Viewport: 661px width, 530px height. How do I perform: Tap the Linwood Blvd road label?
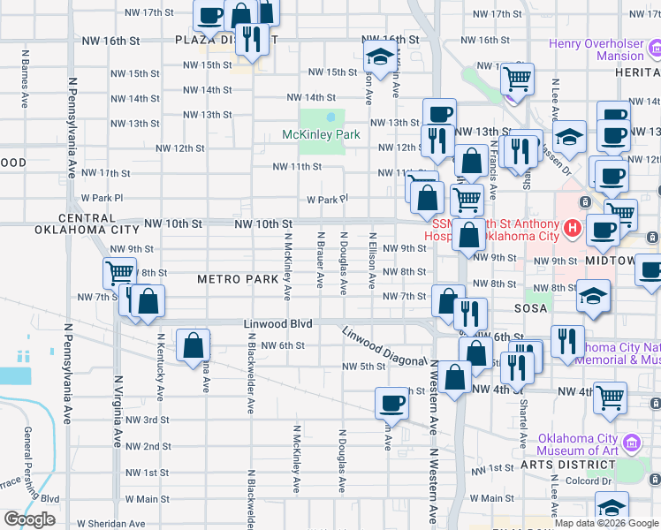pyautogui.click(x=279, y=325)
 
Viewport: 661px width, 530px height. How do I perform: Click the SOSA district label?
pyautogui.click(x=532, y=308)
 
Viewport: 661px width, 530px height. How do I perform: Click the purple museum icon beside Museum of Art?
pyautogui.click(x=631, y=441)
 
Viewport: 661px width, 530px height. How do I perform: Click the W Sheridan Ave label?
pyautogui.click(x=110, y=524)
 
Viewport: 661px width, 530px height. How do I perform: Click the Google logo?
pyautogui.click(x=29, y=519)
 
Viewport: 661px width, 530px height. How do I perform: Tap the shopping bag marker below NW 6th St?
pyautogui.click(x=193, y=346)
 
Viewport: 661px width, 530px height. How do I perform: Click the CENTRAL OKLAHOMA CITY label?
pyautogui.click(x=75, y=223)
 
